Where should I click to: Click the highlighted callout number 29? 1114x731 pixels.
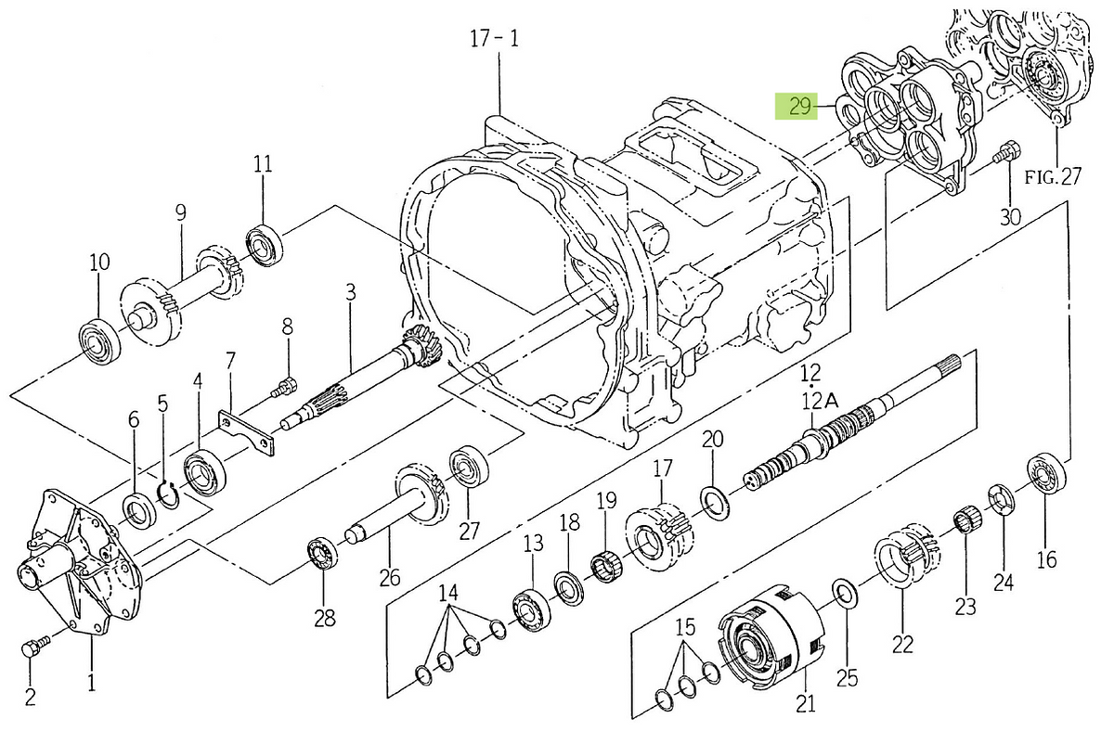coord(799,107)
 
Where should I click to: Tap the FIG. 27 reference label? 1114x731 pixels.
coord(1053,176)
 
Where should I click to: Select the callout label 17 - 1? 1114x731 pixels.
coord(494,38)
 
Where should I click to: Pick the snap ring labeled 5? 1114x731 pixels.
coord(169,495)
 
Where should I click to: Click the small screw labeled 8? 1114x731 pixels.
coord(285,386)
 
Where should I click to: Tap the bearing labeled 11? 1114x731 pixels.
coord(266,245)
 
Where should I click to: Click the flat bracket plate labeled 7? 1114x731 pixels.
coord(247,432)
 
